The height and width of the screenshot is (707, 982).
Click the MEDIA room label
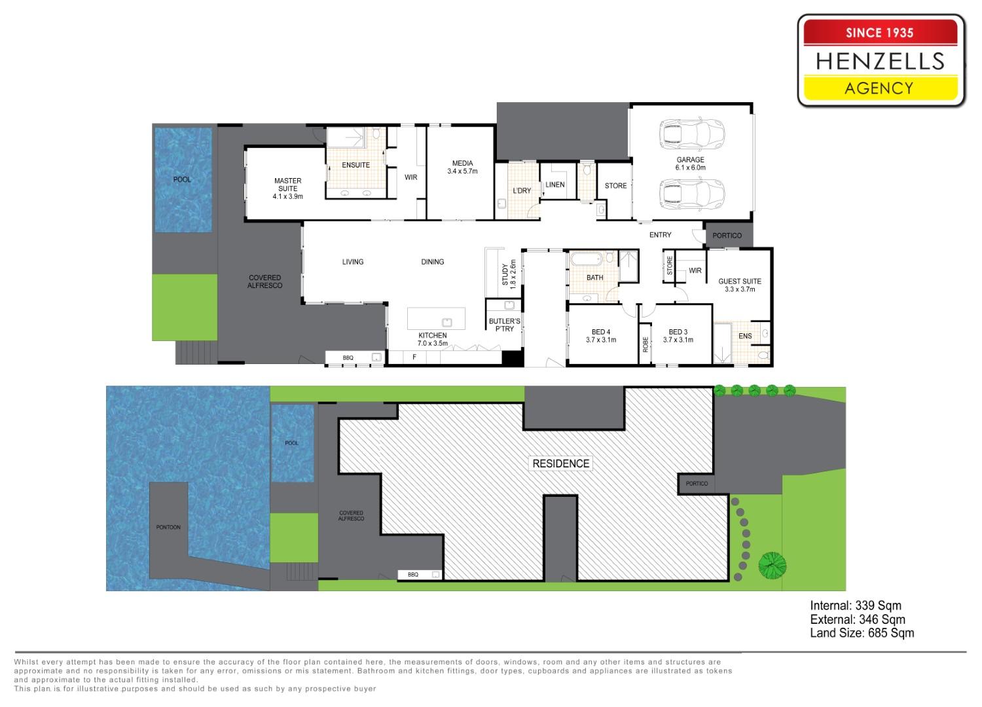click(462, 167)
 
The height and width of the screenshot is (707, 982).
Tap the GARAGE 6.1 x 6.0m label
click(691, 164)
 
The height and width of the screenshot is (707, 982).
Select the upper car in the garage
click(692, 134)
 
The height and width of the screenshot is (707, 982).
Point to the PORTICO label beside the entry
click(727, 236)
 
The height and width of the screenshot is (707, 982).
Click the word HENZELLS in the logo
click(881, 61)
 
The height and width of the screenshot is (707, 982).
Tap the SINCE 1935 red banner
click(881, 33)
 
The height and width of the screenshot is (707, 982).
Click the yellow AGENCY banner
click(881, 88)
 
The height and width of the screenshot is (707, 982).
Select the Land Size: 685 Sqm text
click(862, 633)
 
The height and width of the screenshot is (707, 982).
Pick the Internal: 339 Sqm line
click(856, 606)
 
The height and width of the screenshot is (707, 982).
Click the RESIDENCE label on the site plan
click(560, 463)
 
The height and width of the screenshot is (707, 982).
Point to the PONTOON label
click(168, 527)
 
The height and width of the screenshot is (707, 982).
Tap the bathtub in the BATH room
click(587, 259)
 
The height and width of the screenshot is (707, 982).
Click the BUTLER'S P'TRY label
click(505, 325)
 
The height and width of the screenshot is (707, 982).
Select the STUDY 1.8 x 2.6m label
click(509, 274)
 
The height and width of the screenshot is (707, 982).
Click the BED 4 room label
click(601, 336)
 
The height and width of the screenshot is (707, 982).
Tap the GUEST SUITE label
click(740, 285)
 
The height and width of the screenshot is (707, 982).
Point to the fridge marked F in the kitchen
click(414, 357)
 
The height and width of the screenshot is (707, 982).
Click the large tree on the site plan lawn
click(772, 566)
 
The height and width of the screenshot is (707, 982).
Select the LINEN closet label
click(555, 185)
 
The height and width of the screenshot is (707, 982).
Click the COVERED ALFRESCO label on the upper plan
click(264, 281)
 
